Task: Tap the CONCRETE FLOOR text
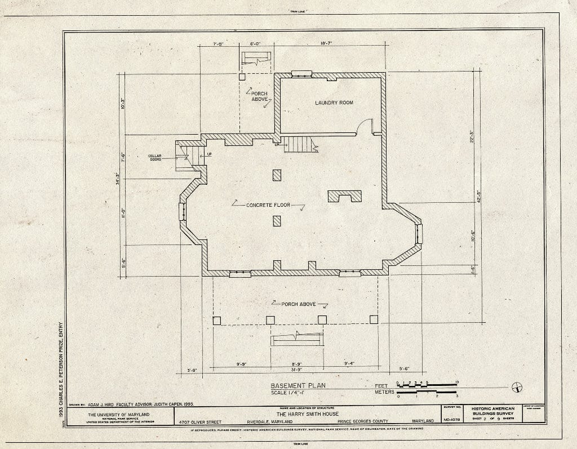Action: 268,205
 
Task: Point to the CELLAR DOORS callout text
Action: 155,158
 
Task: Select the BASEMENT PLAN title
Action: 298,386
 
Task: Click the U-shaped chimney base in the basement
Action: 345,196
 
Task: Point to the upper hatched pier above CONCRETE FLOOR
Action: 277,175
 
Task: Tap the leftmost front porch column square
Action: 217,320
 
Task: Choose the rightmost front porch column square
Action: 374,319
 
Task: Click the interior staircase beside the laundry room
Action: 299,145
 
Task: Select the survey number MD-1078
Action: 452,420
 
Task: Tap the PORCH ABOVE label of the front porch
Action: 298,304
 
